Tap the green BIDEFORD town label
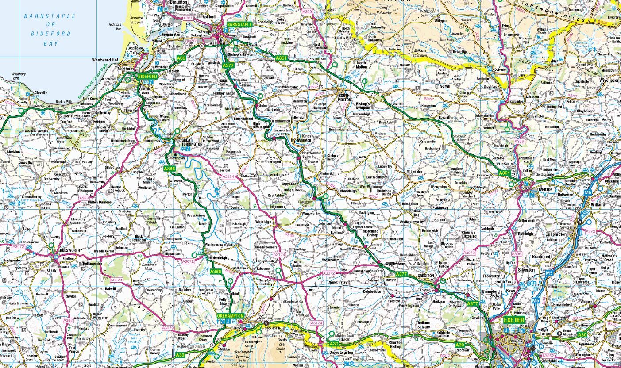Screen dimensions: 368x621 point(147,77)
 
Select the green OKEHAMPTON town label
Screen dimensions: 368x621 point(230,316)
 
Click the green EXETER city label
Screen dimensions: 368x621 point(513,320)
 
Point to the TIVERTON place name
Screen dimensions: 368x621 point(545,189)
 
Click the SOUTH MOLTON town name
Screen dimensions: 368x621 point(347,97)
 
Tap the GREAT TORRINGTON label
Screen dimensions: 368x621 point(192,142)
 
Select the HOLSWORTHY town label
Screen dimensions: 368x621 point(71,250)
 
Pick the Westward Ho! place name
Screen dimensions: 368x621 point(105,60)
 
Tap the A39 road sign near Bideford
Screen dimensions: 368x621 point(181,58)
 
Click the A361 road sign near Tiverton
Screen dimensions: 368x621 point(505,173)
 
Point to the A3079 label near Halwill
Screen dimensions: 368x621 point(116,280)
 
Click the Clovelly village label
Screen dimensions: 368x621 point(40,93)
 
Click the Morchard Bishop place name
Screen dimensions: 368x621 point(370,233)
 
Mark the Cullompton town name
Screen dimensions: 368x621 point(555,234)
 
